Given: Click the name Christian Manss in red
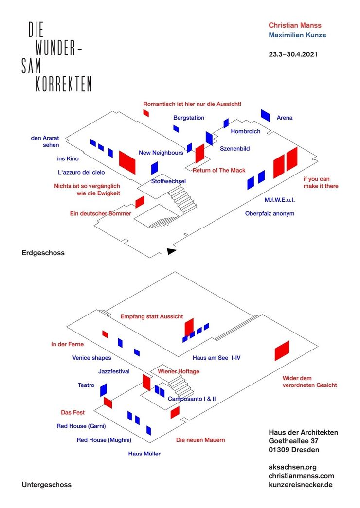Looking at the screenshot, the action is tap(295, 25).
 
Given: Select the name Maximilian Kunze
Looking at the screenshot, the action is tap(297, 35).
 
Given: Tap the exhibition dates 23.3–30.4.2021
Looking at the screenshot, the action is tap(293, 54).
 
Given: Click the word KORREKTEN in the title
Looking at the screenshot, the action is tap(64, 84).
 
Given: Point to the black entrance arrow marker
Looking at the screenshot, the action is tap(171, 251).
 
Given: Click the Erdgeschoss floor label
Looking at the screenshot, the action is tap(43, 253).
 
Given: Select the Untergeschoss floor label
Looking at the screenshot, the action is tap(46, 485).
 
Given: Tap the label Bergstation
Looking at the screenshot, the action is tap(189, 118).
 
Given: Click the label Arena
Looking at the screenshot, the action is tap(285, 118).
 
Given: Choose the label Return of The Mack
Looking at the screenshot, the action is tap(219, 171).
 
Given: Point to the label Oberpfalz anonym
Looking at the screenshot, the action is tap(270, 213).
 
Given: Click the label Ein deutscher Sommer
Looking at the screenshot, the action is tap(101, 213).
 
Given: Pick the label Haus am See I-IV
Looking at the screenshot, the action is tap(216, 358).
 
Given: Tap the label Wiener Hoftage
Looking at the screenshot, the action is tap(179, 371).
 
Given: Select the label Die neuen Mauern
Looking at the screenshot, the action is tap(200, 440).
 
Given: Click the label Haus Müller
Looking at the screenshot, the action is tap(144, 454).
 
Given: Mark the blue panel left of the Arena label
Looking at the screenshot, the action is tap(265, 115).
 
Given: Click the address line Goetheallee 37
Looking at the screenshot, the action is tap(293, 441).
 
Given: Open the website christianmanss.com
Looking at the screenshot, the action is tap(301, 476).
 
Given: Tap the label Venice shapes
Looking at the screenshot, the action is tap(92, 358).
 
